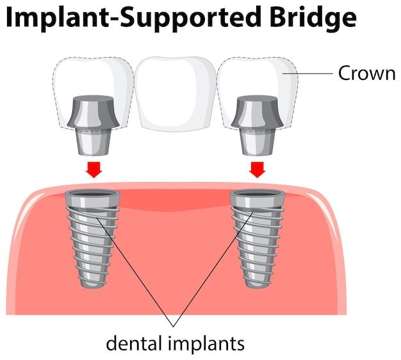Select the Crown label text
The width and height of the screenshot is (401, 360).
tap(367, 73)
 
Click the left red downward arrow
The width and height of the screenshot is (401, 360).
tap(94, 168)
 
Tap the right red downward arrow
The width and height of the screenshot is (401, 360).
tap(258, 168)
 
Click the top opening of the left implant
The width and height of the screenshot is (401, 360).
tap(93, 194)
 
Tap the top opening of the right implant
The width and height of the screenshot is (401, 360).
tap(256, 194)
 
